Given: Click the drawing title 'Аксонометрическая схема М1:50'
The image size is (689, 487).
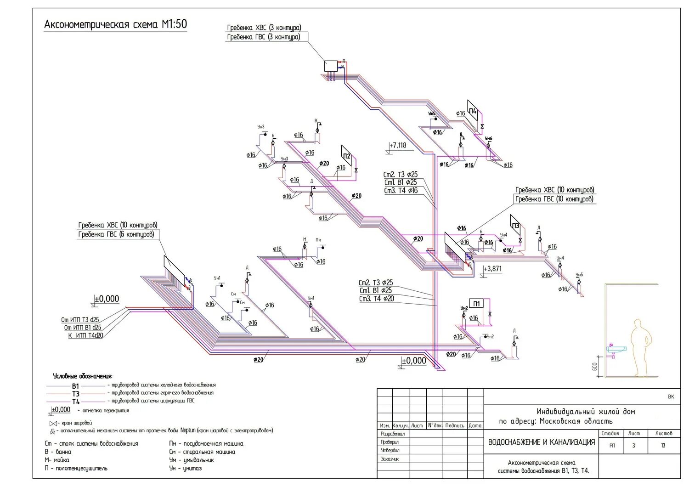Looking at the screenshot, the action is [115, 24].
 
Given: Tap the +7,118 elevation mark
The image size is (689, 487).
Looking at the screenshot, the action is [398, 146].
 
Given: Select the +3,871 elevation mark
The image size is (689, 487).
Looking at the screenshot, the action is [492, 269].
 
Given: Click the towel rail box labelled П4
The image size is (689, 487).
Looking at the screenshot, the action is [473, 111].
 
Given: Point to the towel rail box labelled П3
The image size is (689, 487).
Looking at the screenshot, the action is [515, 226].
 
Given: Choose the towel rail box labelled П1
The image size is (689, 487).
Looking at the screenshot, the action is [476, 304].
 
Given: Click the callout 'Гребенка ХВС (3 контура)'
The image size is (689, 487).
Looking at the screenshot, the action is [264, 28].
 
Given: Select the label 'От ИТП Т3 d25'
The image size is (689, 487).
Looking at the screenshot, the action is [80, 320].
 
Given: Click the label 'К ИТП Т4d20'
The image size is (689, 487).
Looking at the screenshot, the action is [85, 335].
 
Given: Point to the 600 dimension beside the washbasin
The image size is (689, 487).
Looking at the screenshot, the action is [594, 367].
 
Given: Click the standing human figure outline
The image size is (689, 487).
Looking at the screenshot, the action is [639, 347].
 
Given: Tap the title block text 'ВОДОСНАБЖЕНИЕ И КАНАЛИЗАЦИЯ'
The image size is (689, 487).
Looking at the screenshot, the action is [541, 442].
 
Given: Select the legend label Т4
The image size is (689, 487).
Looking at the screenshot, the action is [76, 402].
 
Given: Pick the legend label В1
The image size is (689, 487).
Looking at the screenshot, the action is [75, 386].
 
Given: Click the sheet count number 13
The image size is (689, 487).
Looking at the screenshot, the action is [663, 446].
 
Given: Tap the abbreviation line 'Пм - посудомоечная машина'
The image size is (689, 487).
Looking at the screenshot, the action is [206, 444].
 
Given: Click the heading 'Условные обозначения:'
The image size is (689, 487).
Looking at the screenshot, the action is [83, 376].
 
